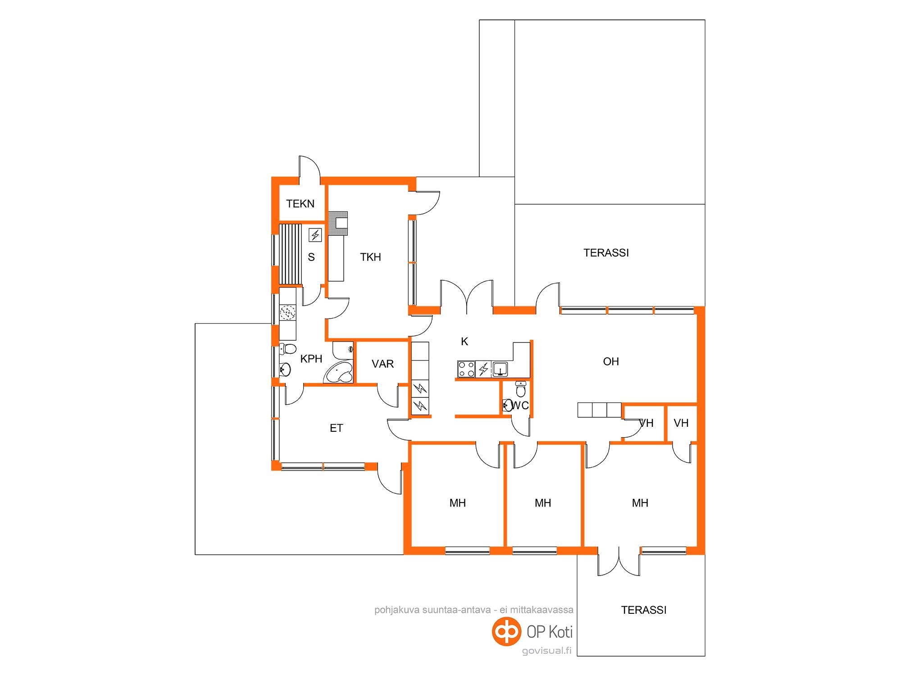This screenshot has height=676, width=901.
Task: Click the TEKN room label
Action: point(300,204)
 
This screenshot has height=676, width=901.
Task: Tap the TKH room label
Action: point(370,257)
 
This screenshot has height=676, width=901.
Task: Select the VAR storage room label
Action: point(382,364)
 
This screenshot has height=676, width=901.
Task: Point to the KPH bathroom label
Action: point(311,359)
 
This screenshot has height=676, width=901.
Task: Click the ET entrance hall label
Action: point(337,428)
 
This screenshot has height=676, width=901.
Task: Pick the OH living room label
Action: point(611,361)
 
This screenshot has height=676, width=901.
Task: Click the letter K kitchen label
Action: point(464,342)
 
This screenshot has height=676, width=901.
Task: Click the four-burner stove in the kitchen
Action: point(466,369)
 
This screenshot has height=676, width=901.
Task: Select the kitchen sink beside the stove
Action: point(500,369)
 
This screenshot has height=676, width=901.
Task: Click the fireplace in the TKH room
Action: point(338,224)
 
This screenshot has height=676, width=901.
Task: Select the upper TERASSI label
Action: point(606,253)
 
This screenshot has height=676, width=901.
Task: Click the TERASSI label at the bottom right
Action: point(643,610)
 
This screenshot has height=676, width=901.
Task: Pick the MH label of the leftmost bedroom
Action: point(457,503)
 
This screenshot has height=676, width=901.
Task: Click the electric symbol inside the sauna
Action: point(315,235)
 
